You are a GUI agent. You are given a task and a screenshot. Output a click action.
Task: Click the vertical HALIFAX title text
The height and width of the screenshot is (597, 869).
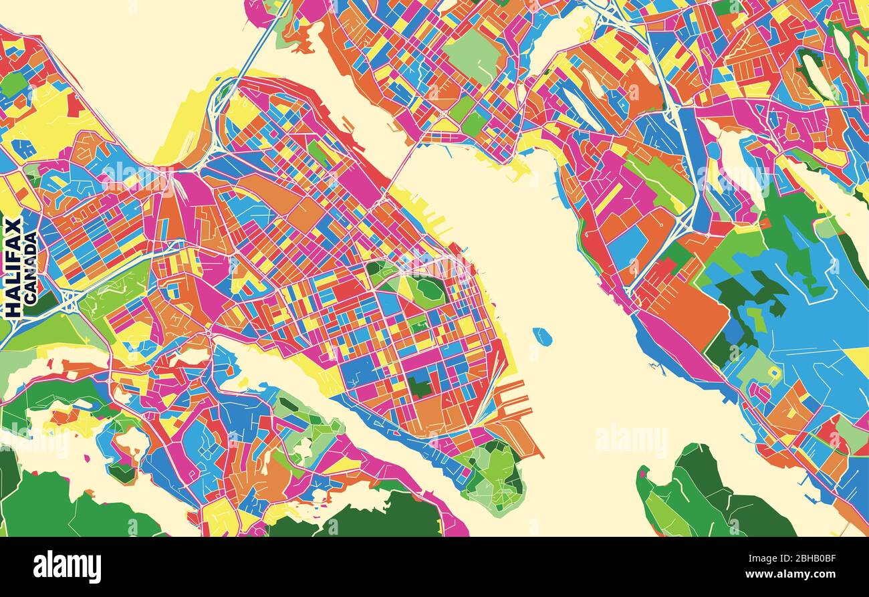[x=12, y=267]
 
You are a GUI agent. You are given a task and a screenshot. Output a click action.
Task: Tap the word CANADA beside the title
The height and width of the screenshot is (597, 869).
[x=30, y=268]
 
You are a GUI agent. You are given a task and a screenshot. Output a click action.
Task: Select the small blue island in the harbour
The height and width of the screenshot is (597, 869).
[x=542, y=336]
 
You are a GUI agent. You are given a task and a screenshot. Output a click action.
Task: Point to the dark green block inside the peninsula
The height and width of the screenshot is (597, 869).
[x=420, y=386]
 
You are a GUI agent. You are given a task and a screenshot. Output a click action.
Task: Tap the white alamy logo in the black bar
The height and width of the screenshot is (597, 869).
[x=67, y=567]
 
